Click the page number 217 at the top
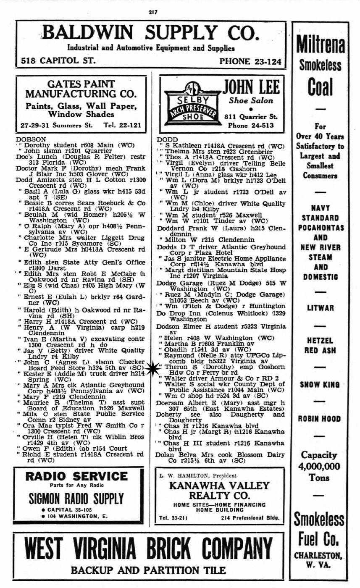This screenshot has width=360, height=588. [x=153, y=12]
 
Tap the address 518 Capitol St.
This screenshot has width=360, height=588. [x=58, y=61]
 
